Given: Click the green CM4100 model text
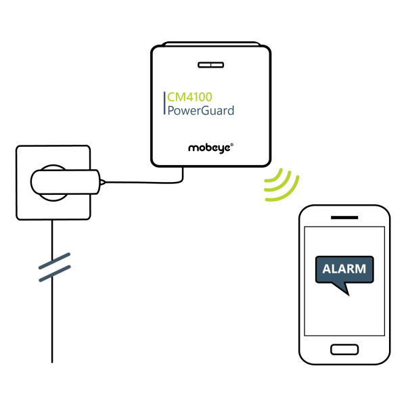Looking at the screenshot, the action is [189, 97].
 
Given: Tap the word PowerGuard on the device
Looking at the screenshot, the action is [201, 110].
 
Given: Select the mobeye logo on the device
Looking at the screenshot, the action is [209, 148].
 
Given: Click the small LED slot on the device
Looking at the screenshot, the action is [210, 65].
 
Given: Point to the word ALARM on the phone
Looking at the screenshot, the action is [344, 269].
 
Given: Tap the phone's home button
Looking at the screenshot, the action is [344, 350].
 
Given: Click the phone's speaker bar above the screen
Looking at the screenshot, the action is [344, 217].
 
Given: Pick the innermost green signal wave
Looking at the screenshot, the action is [275, 176].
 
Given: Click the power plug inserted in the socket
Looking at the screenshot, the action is [65, 182].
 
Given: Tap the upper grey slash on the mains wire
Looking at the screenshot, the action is [54, 261].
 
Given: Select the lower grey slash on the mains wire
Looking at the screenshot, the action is [55, 273].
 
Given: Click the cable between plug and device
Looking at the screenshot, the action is [145, 182].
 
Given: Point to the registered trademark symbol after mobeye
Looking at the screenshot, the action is [231, 145].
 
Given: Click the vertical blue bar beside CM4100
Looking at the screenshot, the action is [164, 103].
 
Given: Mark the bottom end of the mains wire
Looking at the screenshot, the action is [52, 363].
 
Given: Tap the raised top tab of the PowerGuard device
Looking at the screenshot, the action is [210, 44].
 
